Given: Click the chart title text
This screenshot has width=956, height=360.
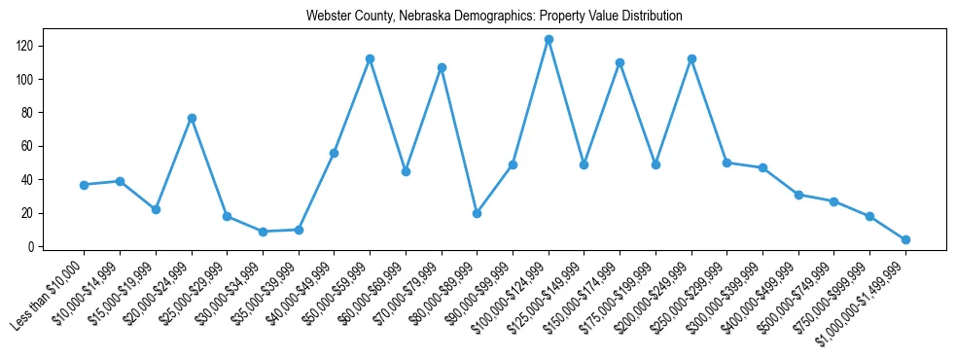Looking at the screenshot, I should click(x=494, y=17).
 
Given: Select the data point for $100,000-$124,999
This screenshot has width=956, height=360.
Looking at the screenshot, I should click(x=549, y=40).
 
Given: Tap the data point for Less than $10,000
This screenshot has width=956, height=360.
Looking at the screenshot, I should click(x=85, y=185).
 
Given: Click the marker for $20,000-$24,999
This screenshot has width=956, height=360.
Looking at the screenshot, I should click(x=192, y=118).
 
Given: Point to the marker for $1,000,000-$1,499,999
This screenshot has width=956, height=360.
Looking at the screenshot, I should click(x=905, y=239).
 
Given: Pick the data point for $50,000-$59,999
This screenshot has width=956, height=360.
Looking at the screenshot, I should click(x=371, y=59).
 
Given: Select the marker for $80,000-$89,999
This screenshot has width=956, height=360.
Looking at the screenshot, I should click(x=478, y=213).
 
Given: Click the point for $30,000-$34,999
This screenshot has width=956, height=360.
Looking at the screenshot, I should click(x=264, y=232).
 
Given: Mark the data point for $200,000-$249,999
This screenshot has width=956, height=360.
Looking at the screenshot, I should click(x=691, y=59).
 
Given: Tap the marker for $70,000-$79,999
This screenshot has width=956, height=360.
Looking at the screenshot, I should click(x=442, y=67).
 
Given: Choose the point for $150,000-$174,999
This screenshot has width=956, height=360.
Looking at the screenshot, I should click(x=620, y=62).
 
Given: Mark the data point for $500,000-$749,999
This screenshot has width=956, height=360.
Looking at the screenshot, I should click(x=833, y=201).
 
